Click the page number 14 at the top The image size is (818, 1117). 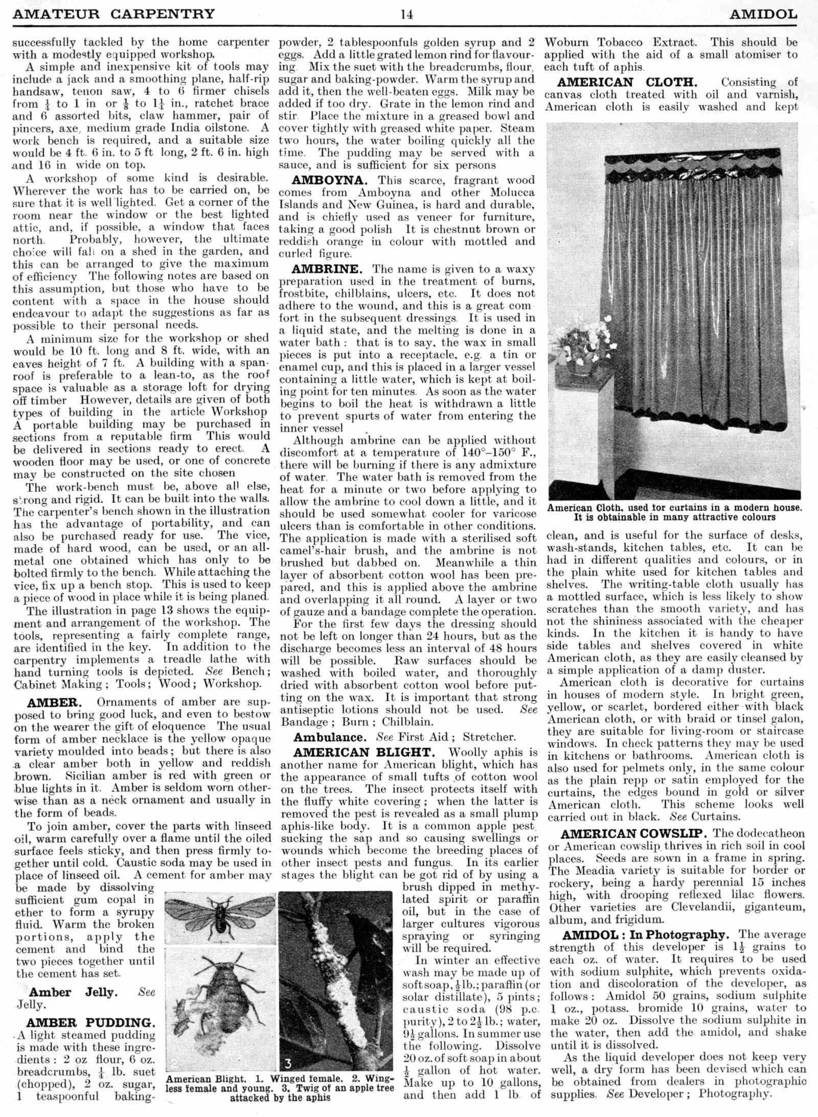407,14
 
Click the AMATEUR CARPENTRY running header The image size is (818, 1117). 113,14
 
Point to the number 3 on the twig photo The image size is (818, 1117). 288,1063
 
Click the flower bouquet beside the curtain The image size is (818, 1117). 583,340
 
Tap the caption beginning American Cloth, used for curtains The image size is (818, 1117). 674,512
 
